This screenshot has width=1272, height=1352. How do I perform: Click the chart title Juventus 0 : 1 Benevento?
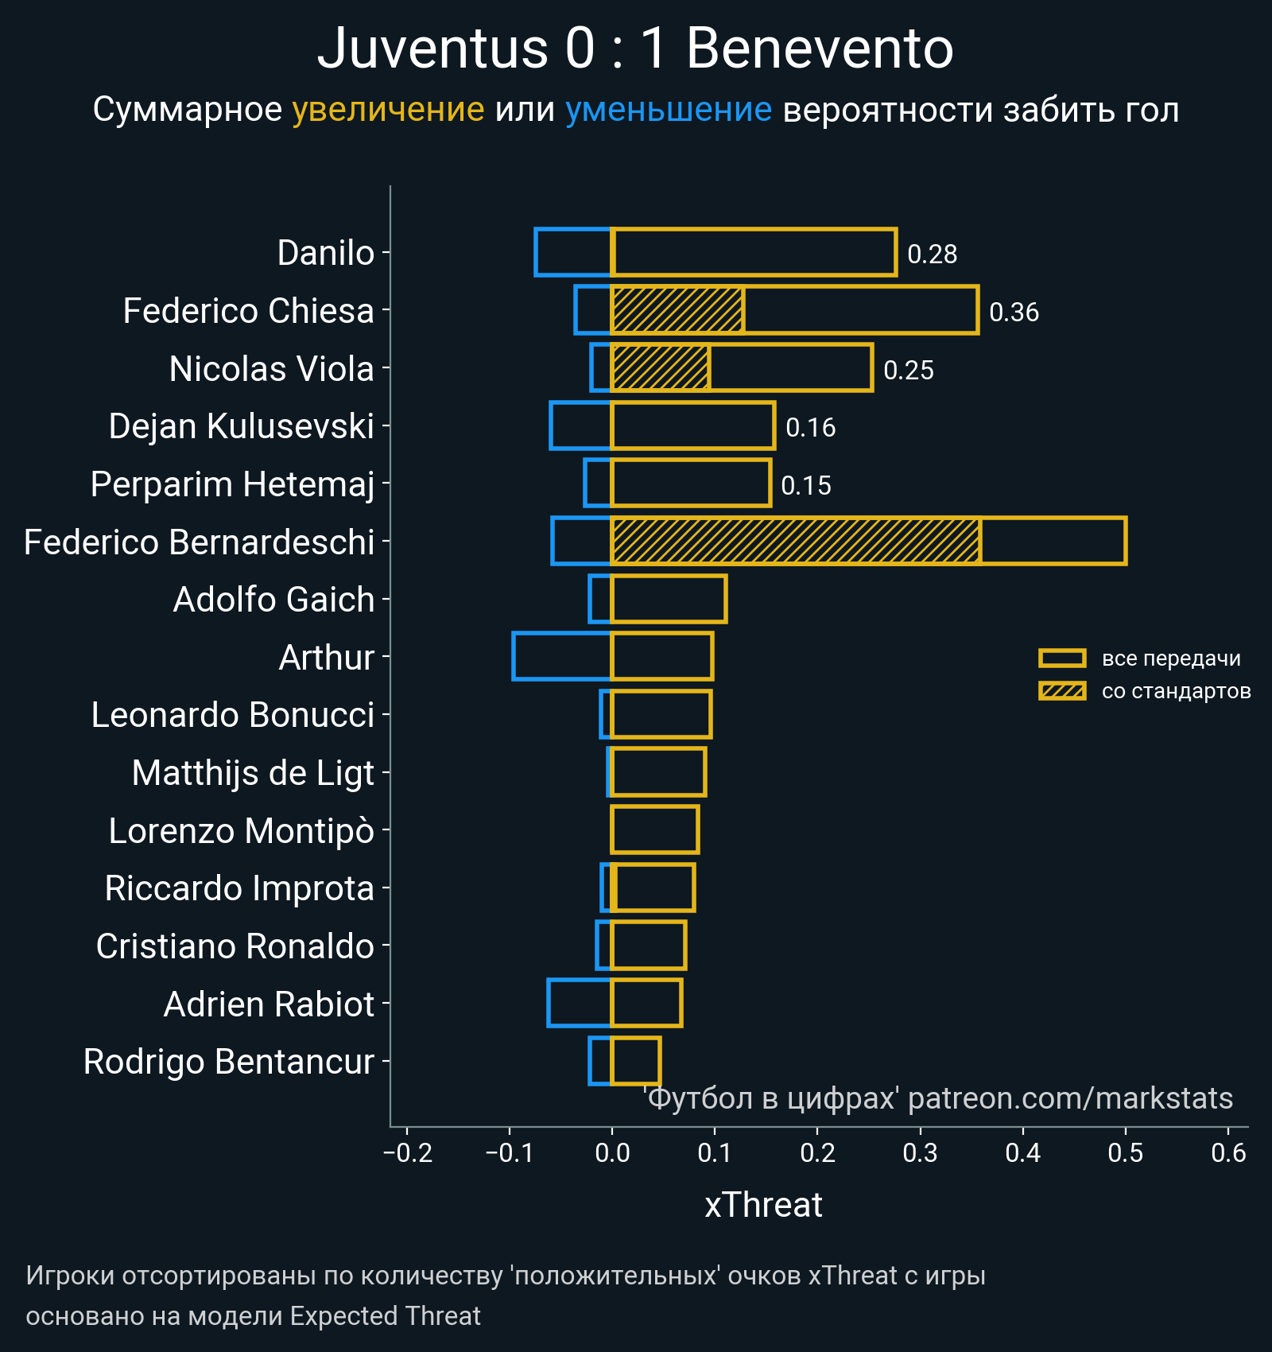635,49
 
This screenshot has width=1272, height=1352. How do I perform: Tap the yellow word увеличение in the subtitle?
388,110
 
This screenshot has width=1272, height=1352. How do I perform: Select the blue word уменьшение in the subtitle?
668,110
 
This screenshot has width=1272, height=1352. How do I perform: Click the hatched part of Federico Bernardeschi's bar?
795,542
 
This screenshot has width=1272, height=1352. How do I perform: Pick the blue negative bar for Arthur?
562,656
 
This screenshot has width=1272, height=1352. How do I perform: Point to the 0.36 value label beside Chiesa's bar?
1014,312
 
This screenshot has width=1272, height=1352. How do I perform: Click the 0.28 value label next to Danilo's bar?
932,254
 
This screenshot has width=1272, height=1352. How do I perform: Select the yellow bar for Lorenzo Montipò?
655,829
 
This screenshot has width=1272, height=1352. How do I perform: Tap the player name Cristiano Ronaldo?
235,946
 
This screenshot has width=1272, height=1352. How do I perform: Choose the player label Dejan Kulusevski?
241,426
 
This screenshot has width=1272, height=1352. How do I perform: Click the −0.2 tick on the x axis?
408,1152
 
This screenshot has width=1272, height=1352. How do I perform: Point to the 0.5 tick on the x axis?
1125,1152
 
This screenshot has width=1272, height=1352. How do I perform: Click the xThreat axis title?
763,1205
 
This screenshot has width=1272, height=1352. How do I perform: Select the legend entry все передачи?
1170,659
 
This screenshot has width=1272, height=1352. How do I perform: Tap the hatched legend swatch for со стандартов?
1062,691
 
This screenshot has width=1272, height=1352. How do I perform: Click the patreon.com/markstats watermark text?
1070,1098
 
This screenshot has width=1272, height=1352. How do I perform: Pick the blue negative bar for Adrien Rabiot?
580,1003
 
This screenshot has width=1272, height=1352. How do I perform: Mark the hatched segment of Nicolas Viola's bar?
661,368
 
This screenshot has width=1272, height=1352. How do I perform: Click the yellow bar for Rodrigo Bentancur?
636,1061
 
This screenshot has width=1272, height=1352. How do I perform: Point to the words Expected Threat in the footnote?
385,1316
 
